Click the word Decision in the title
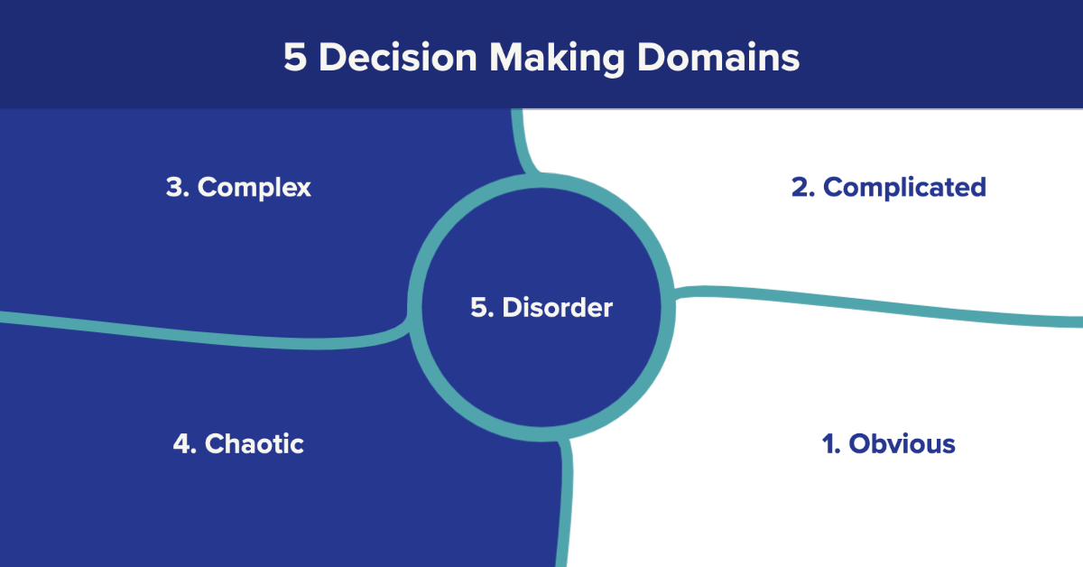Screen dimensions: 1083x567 click(398, 57)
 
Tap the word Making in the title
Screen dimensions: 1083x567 click(557, 59)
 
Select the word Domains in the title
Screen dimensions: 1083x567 click(718, 57)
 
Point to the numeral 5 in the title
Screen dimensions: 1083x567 click(295, 57)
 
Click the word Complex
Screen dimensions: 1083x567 click(255, 188)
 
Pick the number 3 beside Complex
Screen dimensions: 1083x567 click(174, 187)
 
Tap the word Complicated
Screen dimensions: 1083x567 click(904, 188)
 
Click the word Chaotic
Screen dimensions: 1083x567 click(255, 443)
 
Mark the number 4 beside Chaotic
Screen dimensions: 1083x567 click(182, 443)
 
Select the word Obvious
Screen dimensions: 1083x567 click(902, 443)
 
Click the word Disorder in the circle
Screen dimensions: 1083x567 click(558, 307)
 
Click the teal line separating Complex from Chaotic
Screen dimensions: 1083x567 click(203, 335)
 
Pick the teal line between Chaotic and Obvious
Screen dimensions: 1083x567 click(565, 503)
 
